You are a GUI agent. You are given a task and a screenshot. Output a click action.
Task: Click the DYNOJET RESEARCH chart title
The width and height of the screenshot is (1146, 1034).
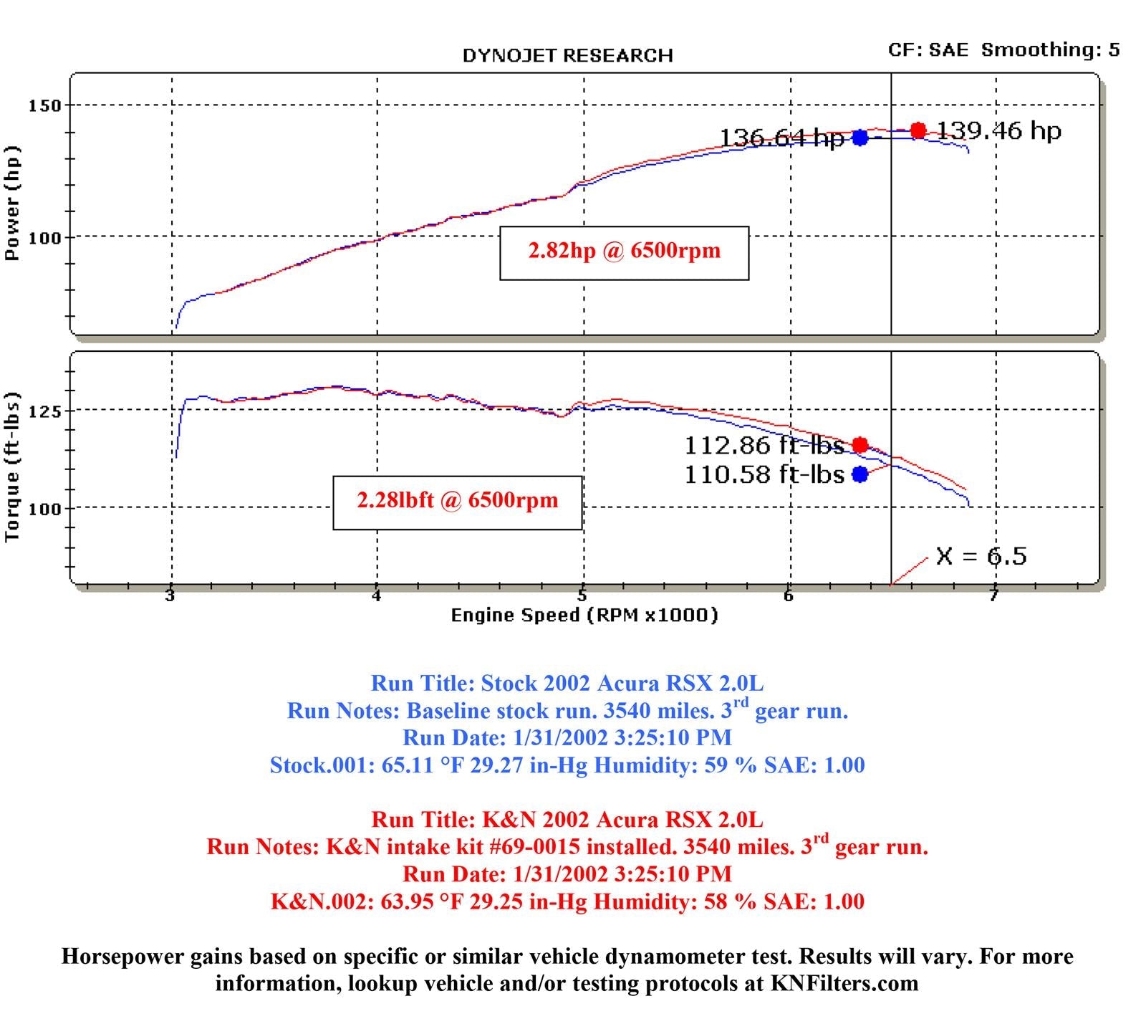(x=567, y=56)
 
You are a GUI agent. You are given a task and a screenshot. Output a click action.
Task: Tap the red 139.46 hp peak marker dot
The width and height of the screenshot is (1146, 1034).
(x=918, y=130)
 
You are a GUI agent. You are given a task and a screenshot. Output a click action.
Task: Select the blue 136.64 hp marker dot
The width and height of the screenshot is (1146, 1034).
(x=860, y=138)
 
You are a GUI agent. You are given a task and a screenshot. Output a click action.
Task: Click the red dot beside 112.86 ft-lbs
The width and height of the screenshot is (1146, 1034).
(x=860, y=445)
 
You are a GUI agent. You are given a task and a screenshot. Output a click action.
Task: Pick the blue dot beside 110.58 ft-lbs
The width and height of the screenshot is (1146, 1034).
(x=860, y=474)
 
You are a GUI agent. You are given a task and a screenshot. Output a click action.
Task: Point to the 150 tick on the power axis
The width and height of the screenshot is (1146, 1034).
(x=44, y=106)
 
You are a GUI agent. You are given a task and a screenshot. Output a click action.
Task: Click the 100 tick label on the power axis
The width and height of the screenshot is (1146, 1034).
(x=44, y=237)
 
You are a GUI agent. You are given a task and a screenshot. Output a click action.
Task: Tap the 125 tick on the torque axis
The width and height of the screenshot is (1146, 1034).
(x=44, y=411)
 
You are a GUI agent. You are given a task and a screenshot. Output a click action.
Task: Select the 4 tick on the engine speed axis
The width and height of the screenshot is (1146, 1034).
(x=376, y=595)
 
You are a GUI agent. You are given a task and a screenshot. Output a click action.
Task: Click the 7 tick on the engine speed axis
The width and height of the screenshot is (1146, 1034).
(x=993, y=595)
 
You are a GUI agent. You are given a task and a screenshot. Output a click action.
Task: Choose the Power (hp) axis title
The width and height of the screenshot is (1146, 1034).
(x=12, y=204)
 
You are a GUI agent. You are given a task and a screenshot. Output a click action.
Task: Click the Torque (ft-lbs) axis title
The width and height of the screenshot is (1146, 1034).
(x=12, y=467)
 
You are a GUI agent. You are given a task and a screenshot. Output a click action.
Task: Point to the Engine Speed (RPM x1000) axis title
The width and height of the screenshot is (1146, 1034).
(x=584, y=615)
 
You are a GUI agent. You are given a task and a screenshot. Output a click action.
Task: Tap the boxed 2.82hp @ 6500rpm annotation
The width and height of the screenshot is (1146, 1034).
(x=624, y=252)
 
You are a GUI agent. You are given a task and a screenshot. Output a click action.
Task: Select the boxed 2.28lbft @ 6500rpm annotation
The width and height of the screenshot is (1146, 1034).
(x=457, y=500)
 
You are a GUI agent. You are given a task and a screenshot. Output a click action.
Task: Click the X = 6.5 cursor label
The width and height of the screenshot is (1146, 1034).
(x=981, y=556)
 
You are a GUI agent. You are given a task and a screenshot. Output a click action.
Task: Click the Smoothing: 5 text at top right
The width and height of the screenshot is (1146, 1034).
(x=1050, y=49)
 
